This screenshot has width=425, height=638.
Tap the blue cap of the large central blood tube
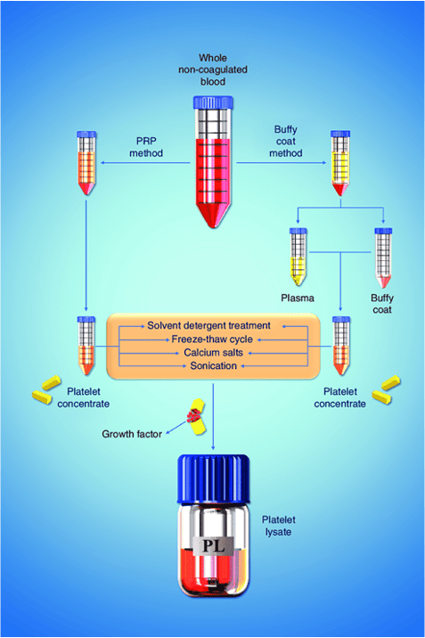pos(212,102)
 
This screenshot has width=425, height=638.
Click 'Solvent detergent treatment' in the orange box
pos(210,325)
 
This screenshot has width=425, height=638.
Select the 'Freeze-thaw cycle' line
pos(210,339)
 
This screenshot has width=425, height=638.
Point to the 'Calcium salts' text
pos(210,352)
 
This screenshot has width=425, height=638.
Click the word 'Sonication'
pos(210,365)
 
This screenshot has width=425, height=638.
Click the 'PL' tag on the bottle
pos(213,543)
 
